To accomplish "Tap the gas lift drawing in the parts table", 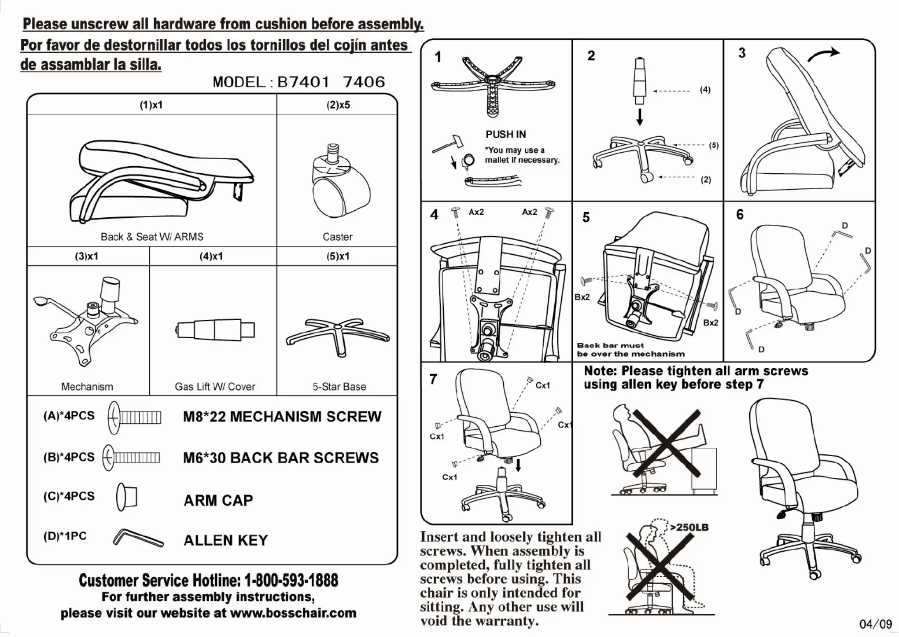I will tap(216, 330).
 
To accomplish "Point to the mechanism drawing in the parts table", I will tap(86, 321).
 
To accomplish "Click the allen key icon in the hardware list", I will tap(138, 538).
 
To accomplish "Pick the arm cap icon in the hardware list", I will tap(127, 497).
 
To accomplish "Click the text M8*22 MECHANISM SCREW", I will tap(282, 417).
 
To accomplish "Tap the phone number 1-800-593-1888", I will tap(291, 581).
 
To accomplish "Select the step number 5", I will tap(586, 217).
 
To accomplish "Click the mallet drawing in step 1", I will tap(448, 143).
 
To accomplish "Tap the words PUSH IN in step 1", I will tap(505, 134).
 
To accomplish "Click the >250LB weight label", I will tap(689, 527).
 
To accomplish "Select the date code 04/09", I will tap(875, 624).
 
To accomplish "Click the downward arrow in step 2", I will tap(640, 117).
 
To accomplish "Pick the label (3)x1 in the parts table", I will tap(87, 256).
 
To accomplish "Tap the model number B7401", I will tap(303, 82).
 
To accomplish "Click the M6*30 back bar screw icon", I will tap(132, 458).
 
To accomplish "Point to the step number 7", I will tap(433, 379).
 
